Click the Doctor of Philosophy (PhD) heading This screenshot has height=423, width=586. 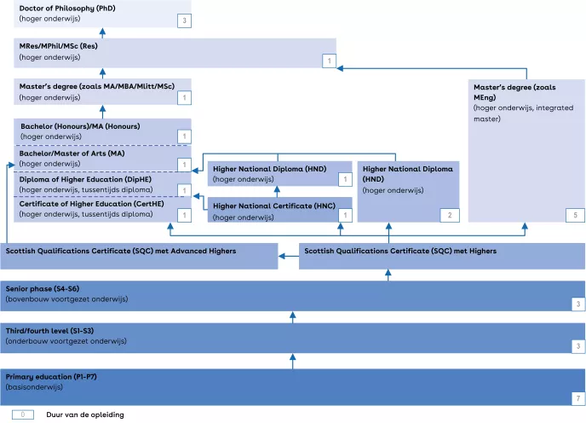coord(66,8)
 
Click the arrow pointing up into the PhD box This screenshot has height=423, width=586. coord(102,32)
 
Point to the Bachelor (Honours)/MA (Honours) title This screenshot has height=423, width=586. coord(80,126)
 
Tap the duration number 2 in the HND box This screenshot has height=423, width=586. coord(450,215)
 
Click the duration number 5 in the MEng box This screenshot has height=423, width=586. coord(576,215)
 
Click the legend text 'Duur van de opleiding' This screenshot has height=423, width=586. coord(85,414)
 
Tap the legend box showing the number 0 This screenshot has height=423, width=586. coord(22,414)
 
